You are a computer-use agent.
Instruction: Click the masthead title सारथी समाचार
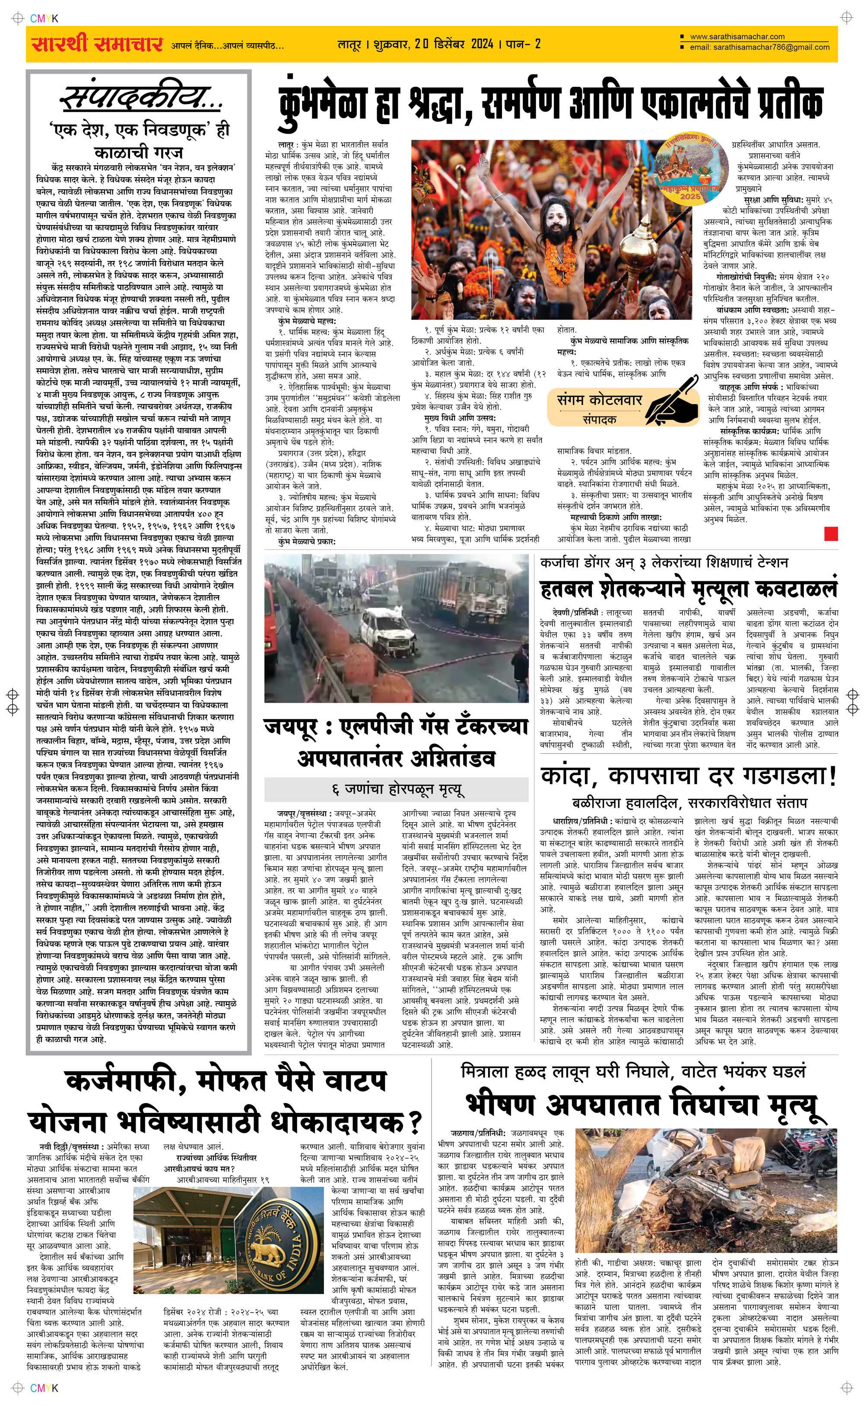(x=97, y=44)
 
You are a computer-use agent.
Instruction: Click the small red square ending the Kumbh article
(x=831, y=534)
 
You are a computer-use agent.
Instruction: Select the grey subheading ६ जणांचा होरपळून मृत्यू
(x=397, y=789)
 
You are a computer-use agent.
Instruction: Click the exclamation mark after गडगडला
(x=832, y=776)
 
